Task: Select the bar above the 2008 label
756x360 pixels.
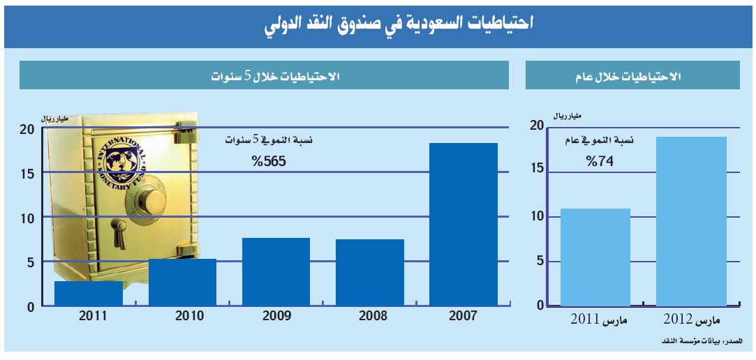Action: point(370,273)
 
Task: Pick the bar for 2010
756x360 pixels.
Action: point(182,283)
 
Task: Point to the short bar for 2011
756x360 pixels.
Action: point(89,294)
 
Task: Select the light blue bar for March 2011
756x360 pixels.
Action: point(595,257)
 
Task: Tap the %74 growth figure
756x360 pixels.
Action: point(599,161)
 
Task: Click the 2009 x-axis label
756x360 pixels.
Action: point(276,316)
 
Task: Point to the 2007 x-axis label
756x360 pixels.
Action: point(463,316)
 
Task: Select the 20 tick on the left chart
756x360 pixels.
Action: point(27,128)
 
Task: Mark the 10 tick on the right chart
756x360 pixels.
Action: point(536,216)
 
